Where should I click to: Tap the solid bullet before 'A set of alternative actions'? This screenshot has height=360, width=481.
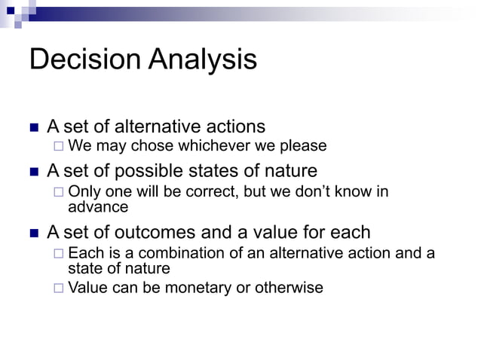33,127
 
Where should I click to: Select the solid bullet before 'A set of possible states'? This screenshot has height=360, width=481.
33,172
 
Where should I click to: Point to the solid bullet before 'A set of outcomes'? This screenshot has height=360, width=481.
33,232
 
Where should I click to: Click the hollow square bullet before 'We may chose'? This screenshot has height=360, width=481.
59,145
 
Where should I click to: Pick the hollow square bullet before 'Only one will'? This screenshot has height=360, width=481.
59,191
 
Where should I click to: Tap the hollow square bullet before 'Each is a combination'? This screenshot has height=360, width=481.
59,253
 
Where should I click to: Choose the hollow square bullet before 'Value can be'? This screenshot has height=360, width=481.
59,287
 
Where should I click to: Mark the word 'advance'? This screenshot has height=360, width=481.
98,206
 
